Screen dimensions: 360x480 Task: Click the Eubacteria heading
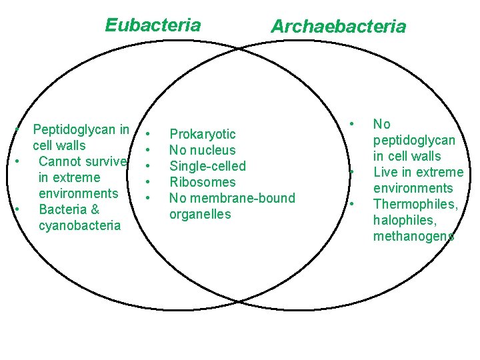click(x=153, y=25)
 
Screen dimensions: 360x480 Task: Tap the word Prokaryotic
click(x=202, y=134)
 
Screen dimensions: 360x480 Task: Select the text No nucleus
click(x=202, y=150)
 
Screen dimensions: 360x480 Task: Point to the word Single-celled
click(x=207, y=166)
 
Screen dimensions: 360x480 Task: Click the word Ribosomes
click(x=202, y=182)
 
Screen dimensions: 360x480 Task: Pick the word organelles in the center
click(x=200, y=214)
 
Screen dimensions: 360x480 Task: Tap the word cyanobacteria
click(x=80, y=225)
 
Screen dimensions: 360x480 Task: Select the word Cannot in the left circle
click(x=60, y=161)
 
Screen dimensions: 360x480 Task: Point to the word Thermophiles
click(x=415, y=204)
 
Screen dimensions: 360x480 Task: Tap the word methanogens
click(x=414, y=236)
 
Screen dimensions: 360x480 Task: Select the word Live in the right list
click(x=385, y=172)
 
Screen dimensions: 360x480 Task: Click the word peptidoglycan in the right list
click(x=414, y=140)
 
